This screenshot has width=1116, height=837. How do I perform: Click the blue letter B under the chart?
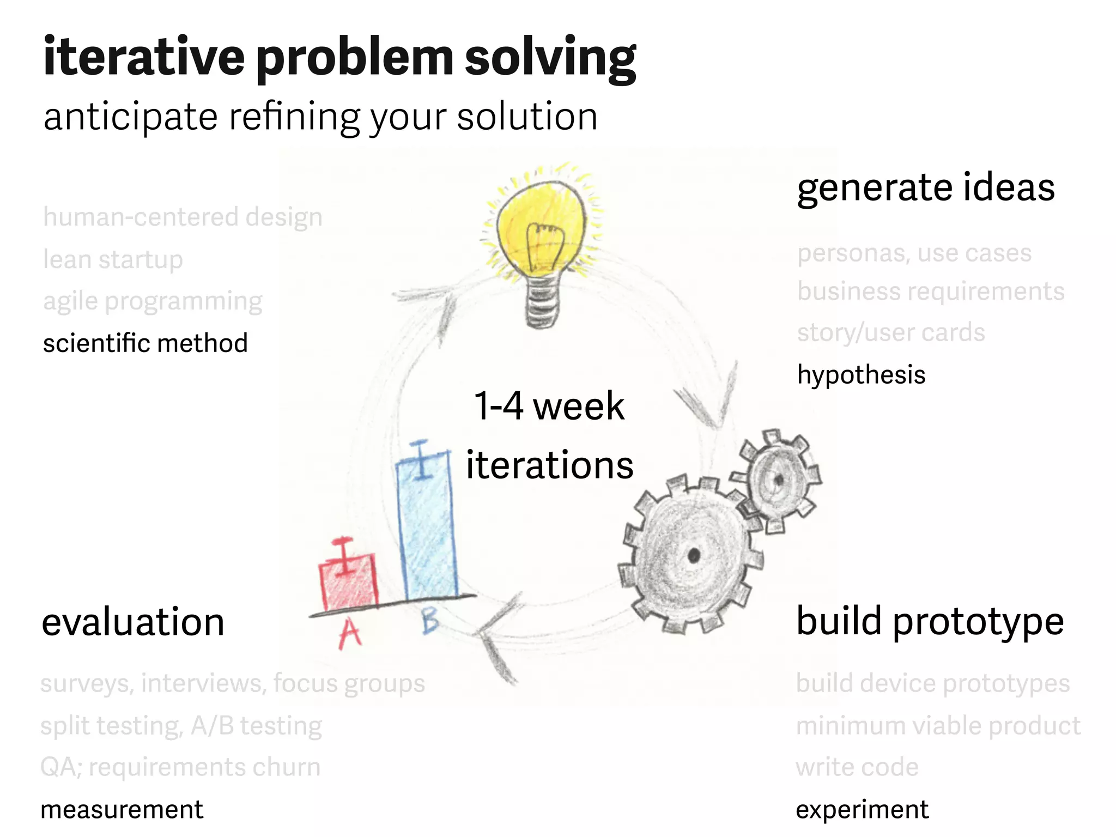(x=430, y=621)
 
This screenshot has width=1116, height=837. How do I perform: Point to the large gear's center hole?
(x=694, y=556)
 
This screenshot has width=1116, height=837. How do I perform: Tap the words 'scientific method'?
(x=145, y=343)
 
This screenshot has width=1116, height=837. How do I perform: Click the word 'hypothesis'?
(x=861, y=375)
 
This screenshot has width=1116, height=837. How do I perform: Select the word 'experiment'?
(x=862, y=810)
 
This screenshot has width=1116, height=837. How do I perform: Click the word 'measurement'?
(x=122, y=810)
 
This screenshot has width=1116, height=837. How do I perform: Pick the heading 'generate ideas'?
(x=925, y=187)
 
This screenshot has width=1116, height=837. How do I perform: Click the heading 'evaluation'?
(x=133, y=622)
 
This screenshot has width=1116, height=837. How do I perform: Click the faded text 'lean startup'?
(x=113, y=259)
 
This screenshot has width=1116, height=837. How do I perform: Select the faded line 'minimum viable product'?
(x=938, y=726)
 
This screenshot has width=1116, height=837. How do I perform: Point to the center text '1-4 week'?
(x=549, y=406)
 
